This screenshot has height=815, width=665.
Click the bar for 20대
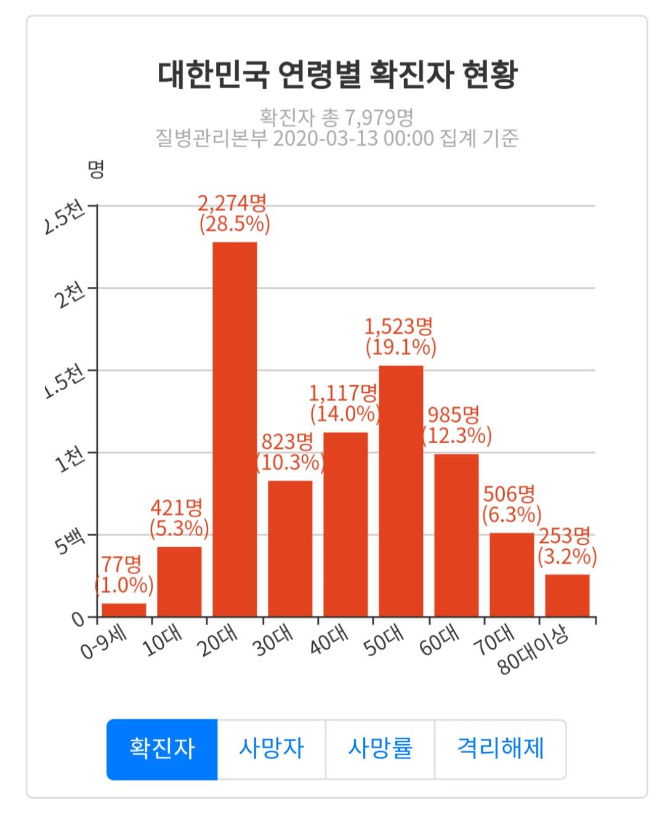[x=235, y=429]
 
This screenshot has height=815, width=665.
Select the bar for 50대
[x=401, y=491]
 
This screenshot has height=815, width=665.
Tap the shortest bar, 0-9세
[x=124, y=609]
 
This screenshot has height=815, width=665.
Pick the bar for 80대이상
[x=567, y=595]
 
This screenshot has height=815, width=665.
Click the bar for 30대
[x=290, y=548]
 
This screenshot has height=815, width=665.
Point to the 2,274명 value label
[x=233, y=203]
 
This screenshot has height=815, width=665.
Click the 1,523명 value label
[x=400, y=326]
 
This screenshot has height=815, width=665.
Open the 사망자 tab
[x=271, y=749]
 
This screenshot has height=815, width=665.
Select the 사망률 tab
[x=380, y=749]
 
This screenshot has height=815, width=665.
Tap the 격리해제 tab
[x=500, y=749]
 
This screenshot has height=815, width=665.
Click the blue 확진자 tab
[x=162, y=749]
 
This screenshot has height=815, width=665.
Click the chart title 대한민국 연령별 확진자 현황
[x=337, y=75]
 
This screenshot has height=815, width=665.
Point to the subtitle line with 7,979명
[x=336, y=116]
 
